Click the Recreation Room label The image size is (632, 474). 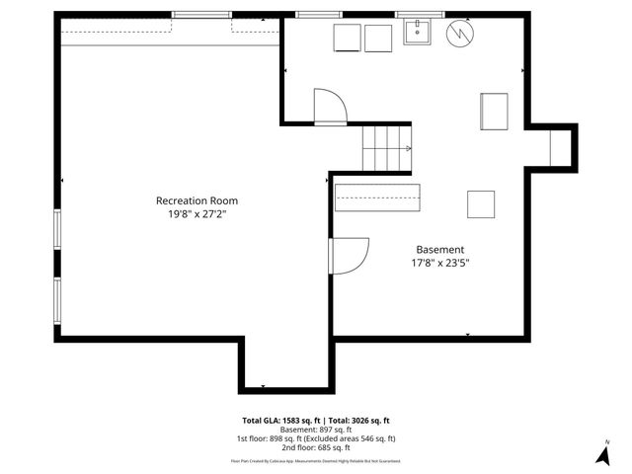(x=197, y=200)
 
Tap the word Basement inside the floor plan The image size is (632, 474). (x=439, y=250)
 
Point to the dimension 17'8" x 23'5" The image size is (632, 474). (x=439, y=264)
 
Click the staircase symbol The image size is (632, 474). (x=386, y=148)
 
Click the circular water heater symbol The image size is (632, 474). (x=459, y=35)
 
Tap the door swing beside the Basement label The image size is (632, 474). (x=350, y=254)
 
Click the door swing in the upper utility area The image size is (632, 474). (x=330, y=105)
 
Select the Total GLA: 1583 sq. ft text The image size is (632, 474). (x=278, y=420)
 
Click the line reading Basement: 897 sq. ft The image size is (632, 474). (x=316, y=430)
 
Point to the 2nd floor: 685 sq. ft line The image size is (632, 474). (x=316, y=447)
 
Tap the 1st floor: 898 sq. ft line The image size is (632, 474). (x=316, y=438)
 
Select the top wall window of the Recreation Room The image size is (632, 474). (x=201, y=15)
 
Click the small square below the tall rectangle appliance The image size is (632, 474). (x=481, y=203)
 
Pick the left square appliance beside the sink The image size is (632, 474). (x=347, y=38)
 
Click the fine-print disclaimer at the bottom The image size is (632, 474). (x=316, y=460)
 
